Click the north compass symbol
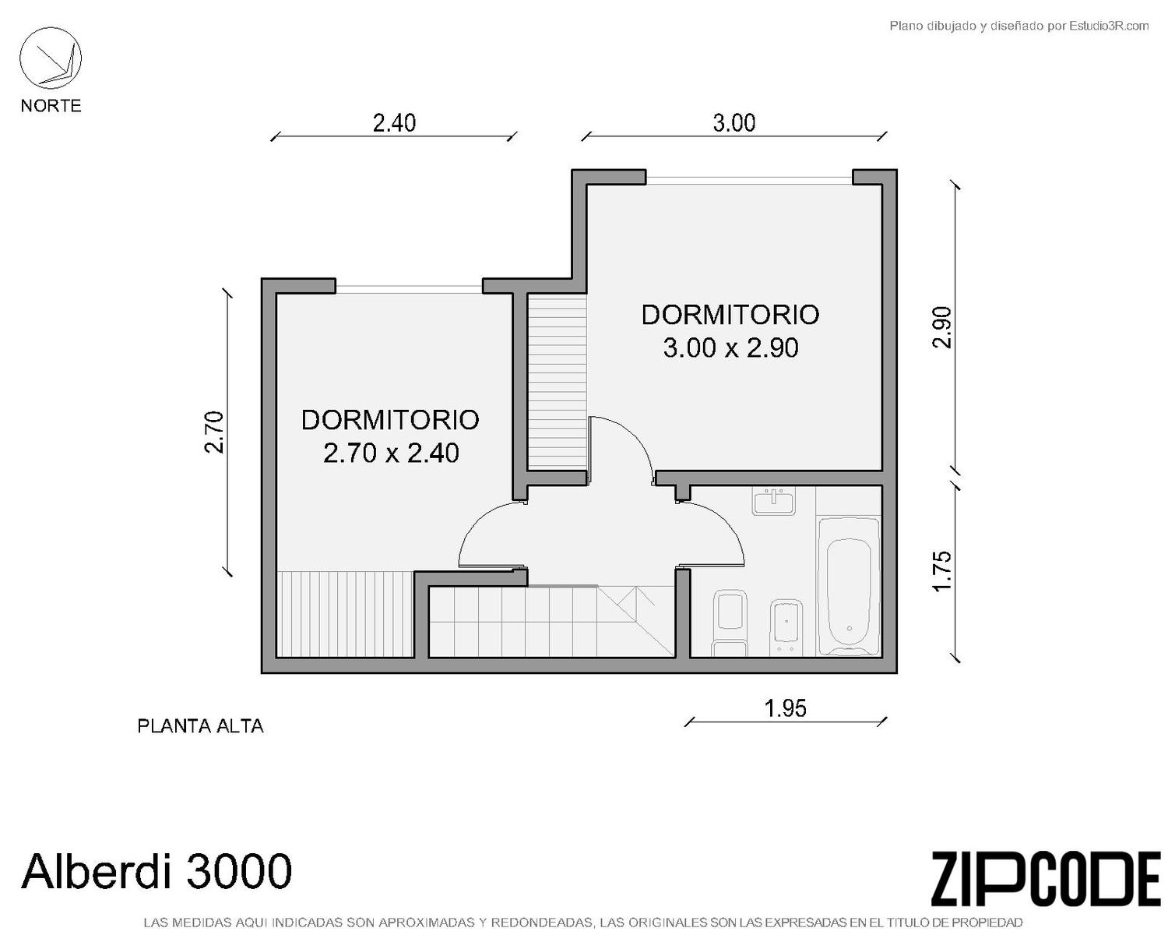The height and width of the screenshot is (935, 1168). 51,58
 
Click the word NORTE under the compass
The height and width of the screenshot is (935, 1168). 51,105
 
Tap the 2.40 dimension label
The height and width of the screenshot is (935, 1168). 394,123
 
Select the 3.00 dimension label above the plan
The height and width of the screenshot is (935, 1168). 734,123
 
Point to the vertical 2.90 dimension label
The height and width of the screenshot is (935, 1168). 941,327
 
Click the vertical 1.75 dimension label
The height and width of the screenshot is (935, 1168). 941,571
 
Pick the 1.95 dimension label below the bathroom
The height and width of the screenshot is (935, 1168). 785,708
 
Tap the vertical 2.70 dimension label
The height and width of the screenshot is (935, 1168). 214,432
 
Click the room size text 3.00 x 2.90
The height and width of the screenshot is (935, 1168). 730,348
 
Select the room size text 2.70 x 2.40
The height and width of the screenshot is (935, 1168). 391,453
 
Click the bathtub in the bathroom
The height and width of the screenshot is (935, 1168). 848,587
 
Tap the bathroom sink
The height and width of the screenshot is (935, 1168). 773,500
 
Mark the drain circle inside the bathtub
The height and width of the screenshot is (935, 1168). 849,629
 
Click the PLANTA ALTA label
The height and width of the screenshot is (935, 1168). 200,726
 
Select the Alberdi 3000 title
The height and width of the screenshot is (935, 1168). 157,870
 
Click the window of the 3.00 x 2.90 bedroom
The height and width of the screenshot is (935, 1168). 749,178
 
